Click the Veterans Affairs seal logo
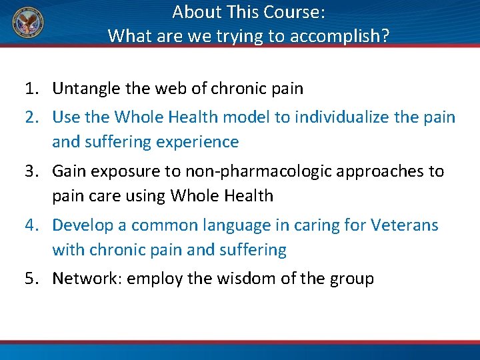[x=26, y=24]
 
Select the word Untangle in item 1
[x=85, y=88]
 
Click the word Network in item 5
[x=83, y=278]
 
